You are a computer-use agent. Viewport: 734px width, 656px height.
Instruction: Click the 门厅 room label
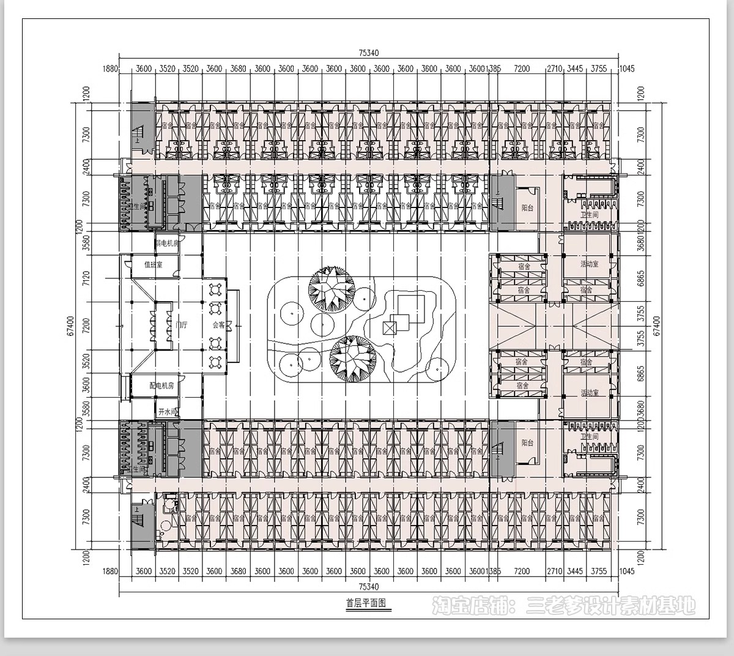[x=181, y=325]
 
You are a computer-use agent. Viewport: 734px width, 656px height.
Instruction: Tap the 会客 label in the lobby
[x=218, y=325]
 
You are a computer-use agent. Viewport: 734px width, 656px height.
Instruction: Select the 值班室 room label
[x=153, y=265]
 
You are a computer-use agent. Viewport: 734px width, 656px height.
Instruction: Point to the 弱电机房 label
[x=166, y=243]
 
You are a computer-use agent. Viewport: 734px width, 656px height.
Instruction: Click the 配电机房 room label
[x=162, y=386]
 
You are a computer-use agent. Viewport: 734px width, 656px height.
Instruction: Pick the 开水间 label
[x=167, y=412]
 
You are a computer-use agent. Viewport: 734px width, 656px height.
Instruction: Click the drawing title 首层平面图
[x=366, y=603]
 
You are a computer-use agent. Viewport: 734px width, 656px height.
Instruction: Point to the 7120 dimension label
[x=86, y=278]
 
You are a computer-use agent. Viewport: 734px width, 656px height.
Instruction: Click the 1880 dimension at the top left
[x=110, y=69]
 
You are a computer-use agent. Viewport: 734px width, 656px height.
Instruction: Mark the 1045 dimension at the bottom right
[x=626, y=571]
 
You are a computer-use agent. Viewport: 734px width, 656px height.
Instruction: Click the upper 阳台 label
[x=527, y=208]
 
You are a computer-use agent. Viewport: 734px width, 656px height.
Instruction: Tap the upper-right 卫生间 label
[x=589, y=215]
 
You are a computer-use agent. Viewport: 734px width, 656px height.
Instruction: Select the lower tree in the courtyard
[x=352, y=358]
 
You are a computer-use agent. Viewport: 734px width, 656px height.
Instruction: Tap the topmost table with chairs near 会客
[x=216, y=288]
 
